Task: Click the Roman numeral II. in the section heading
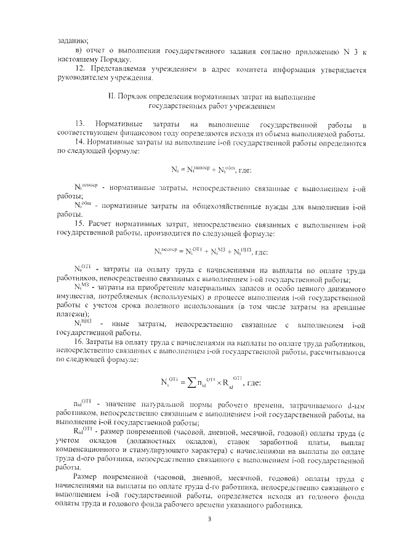pos(110,97)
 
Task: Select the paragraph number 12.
pos(79,69)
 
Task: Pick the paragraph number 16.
pos(79,342)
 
